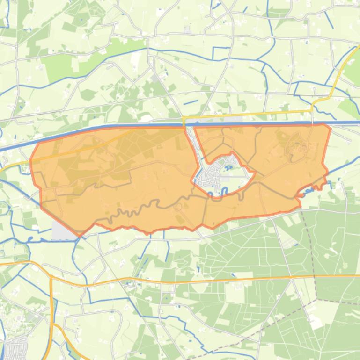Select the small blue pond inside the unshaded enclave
(x=229, y=165)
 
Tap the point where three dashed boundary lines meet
(x=317, y=298)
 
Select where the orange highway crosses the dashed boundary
(x=314, y=276)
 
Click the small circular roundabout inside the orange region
(x=178, y=207)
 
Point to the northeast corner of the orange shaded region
(x=330, y=127)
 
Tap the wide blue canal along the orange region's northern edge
(x=140, y=126)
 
